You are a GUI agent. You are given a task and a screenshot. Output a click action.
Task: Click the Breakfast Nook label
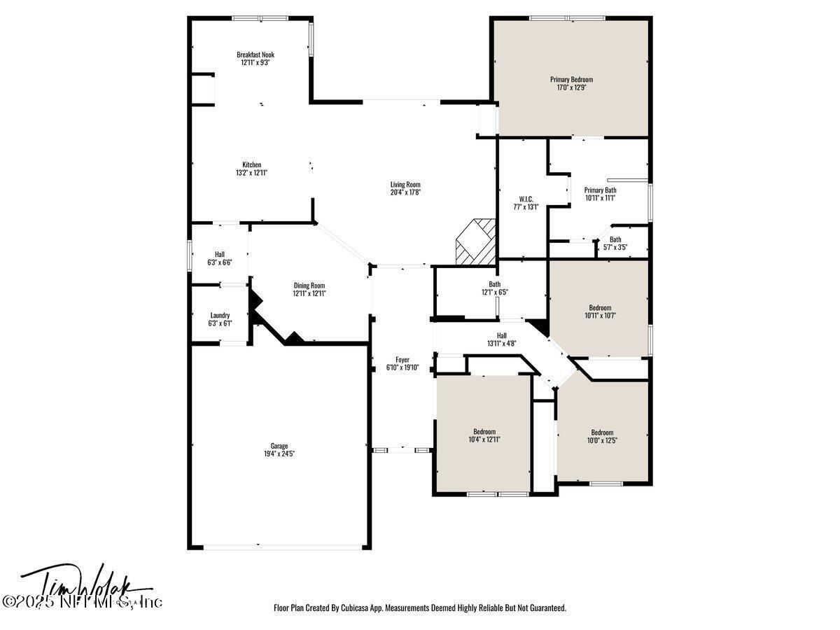point(255,55)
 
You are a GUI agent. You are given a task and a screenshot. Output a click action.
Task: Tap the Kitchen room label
point(251,165)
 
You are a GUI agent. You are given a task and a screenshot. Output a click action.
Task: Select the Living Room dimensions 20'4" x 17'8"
point(405,192)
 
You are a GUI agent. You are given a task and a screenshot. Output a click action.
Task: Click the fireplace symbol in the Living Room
point(475,241)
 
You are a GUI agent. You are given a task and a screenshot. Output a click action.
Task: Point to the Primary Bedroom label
point(570,80)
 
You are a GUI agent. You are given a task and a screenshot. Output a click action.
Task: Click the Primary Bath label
point(600,190)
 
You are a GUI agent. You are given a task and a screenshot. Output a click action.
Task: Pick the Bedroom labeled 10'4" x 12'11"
point(484,435)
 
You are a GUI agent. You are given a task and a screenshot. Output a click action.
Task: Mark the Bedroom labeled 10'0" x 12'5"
point(601,435)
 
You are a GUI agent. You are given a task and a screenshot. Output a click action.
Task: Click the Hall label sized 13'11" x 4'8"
point(501,339)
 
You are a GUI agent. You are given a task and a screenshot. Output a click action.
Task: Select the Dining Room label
point(309,286)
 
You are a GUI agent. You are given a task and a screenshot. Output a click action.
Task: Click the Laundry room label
point(220,316)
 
